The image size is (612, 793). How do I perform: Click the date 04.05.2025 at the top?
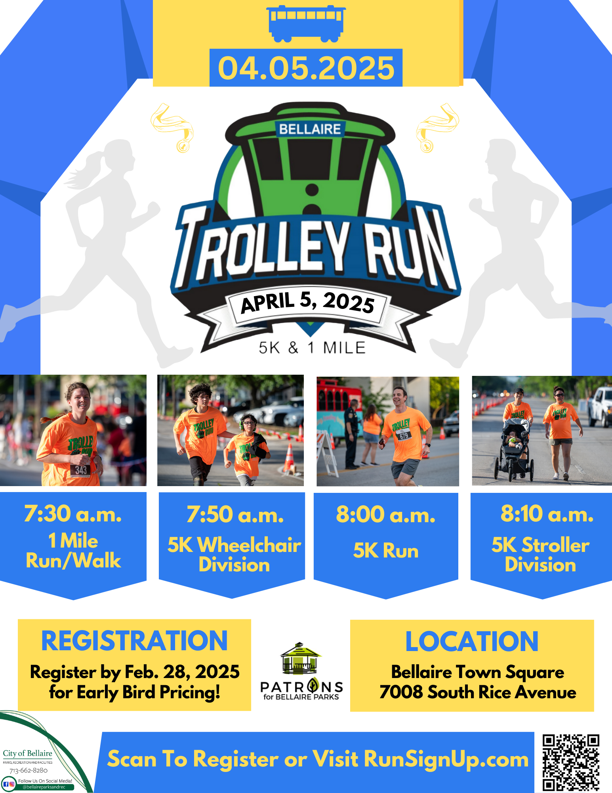coord(306,68)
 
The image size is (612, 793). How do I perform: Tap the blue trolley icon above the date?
coord(306,23)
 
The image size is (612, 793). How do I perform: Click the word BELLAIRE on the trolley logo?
coord(310,129)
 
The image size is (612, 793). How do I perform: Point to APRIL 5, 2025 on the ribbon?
coord(308,303)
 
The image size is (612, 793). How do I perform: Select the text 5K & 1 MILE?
coord(312,348)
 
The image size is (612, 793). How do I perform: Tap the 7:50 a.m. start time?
coord(235,514)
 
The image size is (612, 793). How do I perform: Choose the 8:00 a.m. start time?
coord(386,514)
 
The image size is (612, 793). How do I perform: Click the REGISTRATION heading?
coord(134,641)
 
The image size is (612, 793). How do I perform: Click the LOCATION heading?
coord(472,642)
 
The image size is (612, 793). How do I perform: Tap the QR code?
coord(571,763)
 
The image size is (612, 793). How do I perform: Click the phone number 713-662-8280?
coord(29,770)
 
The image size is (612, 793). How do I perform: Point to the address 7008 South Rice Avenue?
coord(478,692)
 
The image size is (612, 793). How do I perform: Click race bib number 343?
coord(81,470)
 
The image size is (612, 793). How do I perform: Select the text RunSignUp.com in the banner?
coord(446,759)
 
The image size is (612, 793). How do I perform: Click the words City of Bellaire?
coord(27,753)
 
